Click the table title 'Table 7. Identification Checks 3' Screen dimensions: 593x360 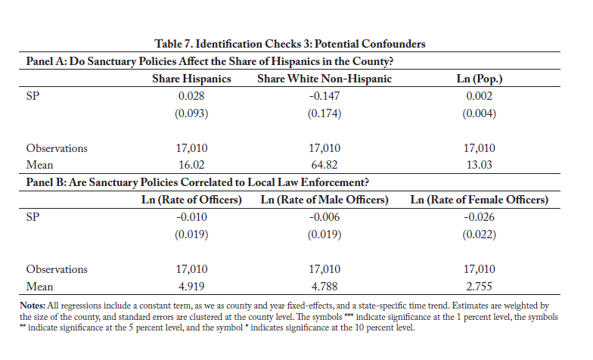point(233,44)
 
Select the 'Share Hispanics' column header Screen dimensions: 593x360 point(191,79)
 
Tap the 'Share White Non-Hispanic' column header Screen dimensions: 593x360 point(324,79)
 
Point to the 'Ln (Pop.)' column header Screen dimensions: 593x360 point(480,79)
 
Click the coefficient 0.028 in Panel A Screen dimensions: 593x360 point(191,96)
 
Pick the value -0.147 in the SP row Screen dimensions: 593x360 point(324,96)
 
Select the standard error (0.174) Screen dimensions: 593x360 point(324,113)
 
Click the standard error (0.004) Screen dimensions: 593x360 point(480,113)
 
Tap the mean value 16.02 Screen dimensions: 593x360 point(191,165)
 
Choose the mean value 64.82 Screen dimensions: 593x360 point(324,165)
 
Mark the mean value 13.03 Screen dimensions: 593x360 point(480,165)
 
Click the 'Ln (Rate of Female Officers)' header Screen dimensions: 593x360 point(480,200)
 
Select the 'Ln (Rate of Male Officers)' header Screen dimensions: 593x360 point(324,200)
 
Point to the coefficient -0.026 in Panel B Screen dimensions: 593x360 point(480,217)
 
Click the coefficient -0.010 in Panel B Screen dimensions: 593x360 point(191,217)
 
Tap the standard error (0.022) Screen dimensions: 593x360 point(480,234)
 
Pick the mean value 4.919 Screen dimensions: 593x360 point(191,286)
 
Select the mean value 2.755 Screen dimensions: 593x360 point(480,286)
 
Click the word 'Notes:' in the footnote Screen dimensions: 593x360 point(33,306)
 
